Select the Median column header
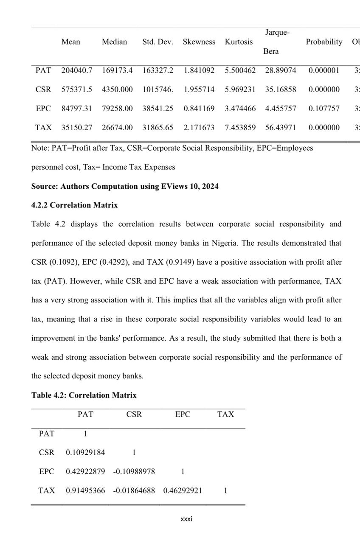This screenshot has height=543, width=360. point(114,42)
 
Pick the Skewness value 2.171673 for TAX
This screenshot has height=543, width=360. point(199,127)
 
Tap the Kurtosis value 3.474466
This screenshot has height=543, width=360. point(240,109)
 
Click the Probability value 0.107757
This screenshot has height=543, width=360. point(324,109)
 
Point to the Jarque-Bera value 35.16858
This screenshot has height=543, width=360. point(281,90)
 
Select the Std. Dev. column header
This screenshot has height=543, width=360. point(157,42)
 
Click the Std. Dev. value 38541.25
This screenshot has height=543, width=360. point(157,109)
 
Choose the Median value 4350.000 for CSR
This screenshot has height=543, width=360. point(117,90)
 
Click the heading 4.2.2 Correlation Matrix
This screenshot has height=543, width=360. point(74,205)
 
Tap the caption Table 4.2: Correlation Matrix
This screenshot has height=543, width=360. point(84,395)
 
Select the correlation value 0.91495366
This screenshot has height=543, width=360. point(85,491)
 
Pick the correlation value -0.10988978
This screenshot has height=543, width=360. point(134,472)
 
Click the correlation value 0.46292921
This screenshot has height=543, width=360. point(183,491)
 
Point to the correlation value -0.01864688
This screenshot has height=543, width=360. point(134,491)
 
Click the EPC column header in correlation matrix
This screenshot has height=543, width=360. point(183,414)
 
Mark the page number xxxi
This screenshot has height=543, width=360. point(186,519)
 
